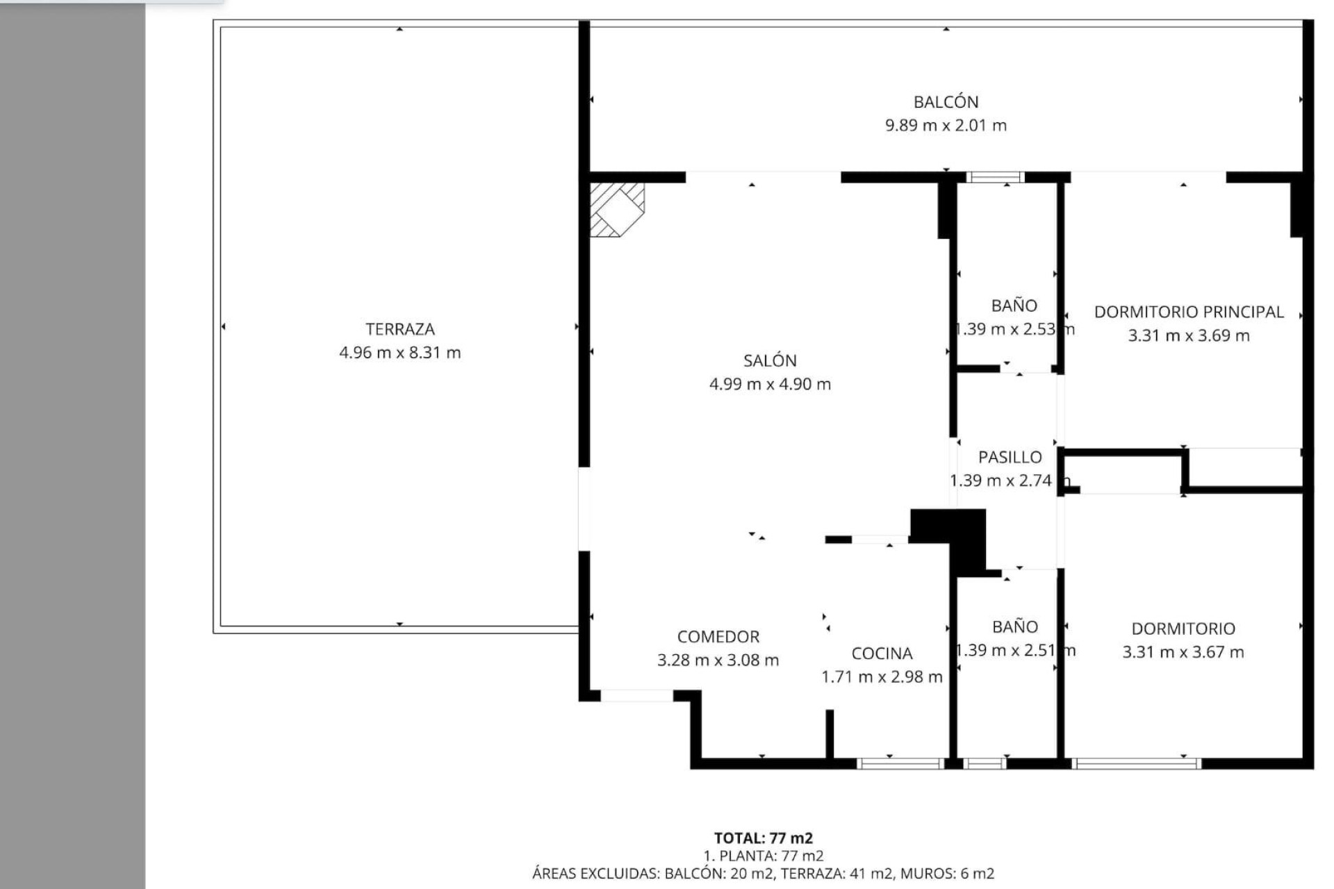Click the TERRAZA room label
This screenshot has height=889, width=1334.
400,329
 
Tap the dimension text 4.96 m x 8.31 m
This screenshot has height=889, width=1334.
400,353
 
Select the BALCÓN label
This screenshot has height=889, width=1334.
946,102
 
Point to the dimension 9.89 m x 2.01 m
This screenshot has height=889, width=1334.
946,126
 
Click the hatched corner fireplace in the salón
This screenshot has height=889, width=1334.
615,208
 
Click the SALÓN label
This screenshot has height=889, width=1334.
770,360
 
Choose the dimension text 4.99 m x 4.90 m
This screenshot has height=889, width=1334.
770,384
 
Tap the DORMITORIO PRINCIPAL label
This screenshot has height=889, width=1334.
1188,312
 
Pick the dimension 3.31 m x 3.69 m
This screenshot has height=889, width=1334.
1188,335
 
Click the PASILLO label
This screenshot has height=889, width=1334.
1010,457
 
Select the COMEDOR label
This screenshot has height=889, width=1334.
718,637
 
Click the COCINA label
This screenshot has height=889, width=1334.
882,654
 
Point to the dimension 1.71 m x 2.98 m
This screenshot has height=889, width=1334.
882,677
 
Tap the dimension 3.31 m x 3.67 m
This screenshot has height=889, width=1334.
1183,652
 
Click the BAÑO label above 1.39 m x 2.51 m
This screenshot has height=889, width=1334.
1014,627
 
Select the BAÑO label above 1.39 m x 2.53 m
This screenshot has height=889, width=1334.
1014,306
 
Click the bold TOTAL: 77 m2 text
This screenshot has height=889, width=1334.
763,838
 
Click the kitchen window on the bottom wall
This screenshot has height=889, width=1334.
900,764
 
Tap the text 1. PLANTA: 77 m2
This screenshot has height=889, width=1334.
763,856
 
